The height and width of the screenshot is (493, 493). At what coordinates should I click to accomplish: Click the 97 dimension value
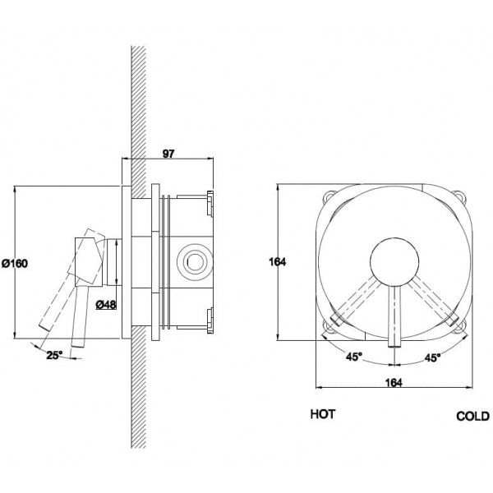tap(168, 154)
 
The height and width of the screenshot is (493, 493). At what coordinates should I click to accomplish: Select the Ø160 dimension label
tap(15, 263)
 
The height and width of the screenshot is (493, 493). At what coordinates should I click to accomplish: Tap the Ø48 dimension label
tap(106, 304)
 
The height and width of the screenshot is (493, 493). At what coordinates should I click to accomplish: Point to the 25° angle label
tap(55, 355)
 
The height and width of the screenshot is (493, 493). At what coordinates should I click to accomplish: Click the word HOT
tap(323, 414)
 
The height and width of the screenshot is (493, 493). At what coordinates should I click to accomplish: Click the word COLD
tap(473, 417)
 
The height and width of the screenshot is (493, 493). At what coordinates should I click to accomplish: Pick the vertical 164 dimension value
tap(278, 261)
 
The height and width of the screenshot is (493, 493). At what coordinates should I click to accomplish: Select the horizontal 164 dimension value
tap(394, 383)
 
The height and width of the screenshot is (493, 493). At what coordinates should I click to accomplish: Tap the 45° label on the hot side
tap(354, 357)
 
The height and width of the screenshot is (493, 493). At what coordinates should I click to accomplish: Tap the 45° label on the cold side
tap(433, 357)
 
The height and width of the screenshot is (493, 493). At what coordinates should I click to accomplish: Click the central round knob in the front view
tap(394, 262)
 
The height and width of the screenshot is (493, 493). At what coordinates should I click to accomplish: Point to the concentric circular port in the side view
tap(195, 261)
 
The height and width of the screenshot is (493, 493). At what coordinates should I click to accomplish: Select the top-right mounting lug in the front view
tap(459, 196)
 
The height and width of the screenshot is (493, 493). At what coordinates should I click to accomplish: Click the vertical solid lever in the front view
tap(394, 316)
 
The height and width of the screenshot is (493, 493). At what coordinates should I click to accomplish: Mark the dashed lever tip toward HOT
tap(335, 320)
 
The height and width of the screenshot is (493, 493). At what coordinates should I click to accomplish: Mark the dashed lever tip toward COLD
tap(453, 320)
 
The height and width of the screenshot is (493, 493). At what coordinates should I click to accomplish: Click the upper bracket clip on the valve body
tap(210, 204)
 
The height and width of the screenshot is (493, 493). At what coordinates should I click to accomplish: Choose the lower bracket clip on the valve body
tap(210, 320)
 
